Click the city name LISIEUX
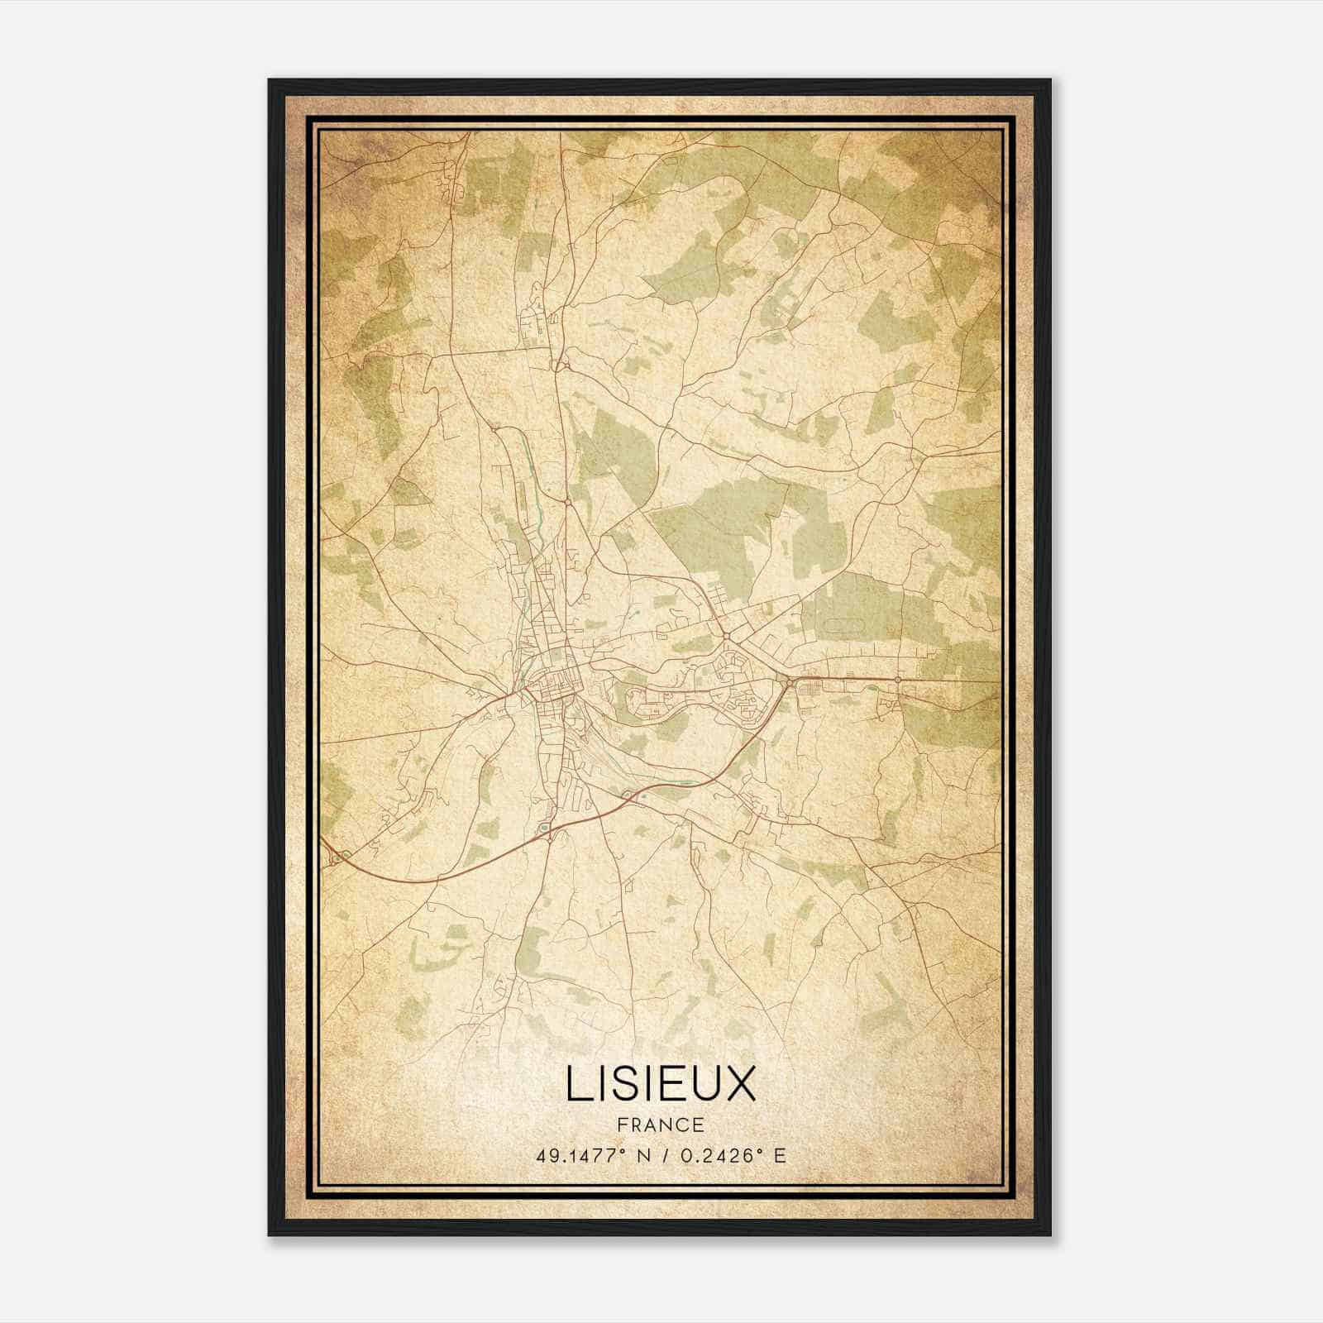point(661,1084)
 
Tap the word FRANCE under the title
point(660,1125)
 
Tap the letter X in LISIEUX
point(740,1084)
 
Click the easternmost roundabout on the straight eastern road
point(898,680)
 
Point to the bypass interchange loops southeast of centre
point(630,795)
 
